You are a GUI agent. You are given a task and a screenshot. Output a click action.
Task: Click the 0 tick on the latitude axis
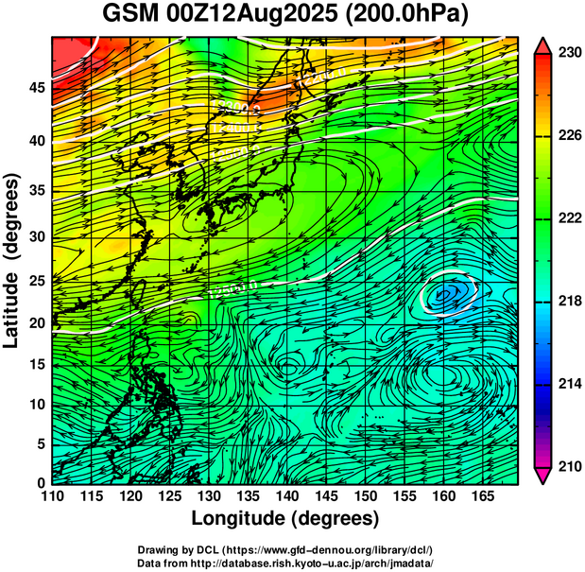click(x=41, y=483)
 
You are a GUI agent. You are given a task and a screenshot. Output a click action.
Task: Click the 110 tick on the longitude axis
click(x=51, y=494)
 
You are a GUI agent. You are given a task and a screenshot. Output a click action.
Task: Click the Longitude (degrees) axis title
click(x=285, y=518)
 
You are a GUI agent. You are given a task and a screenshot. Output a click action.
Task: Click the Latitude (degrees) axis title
click(x=13, y=260)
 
